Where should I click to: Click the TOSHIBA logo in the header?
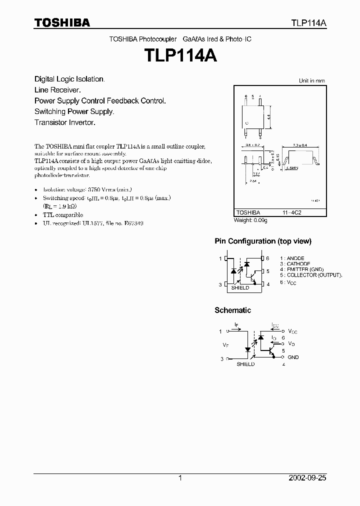(62, 22)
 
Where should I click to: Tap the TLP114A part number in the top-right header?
(309, 23)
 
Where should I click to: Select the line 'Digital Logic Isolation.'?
(69, 79)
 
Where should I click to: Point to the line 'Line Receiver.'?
(57, 90)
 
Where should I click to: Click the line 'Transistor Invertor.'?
(64, 122)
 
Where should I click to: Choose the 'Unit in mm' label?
(311, 80)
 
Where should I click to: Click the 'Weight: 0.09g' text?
(250, 220)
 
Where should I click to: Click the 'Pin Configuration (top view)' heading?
(263, 241)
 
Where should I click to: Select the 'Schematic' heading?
(232, 310)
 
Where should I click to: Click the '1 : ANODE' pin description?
(293, 258)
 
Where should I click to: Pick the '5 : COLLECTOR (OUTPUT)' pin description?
(310, 275)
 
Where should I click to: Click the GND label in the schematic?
(293, 357)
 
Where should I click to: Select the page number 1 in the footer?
(180, 478)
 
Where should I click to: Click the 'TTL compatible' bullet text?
(63, 214)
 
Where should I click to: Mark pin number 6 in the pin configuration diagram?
(267, 258)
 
